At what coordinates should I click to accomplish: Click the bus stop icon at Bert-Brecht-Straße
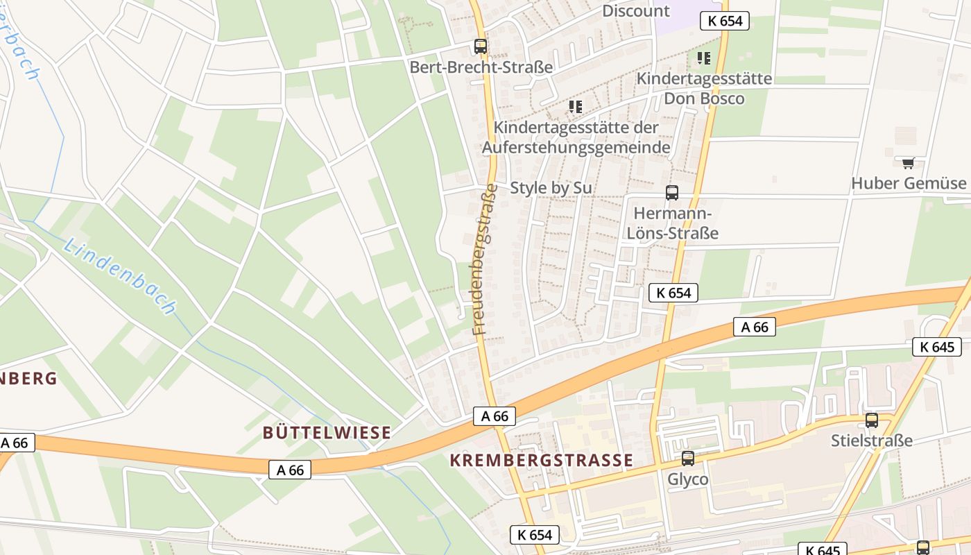tap(480, 46)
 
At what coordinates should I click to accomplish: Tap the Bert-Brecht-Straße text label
tap(481, 67)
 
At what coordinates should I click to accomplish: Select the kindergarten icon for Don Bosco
tap(704, 58)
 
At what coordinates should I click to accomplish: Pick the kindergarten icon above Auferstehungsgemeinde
tap(575, 107)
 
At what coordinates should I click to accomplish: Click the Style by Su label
tap(551, 188)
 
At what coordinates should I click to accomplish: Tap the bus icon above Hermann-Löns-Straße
tap(671, 193)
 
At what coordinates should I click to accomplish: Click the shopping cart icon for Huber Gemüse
tap(908, 163)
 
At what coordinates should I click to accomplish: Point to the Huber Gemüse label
tap(908, 183)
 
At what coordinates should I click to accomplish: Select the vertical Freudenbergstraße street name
tap(485, 259)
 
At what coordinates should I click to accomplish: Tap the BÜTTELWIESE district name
tap(327, 433)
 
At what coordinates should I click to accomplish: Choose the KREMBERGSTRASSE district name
tap(541, 461)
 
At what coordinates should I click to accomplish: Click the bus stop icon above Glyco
tap(687, 459)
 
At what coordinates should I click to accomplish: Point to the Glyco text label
tap(687, 479)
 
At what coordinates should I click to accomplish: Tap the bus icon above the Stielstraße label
tap(871, 420)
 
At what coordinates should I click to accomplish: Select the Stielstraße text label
tap(871, 441)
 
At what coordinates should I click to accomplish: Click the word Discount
tap(635, 11)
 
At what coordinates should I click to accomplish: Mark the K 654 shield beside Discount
tap(725, 21)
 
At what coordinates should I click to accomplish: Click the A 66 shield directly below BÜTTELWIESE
tap(290, 470)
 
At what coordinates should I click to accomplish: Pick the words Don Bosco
tap(704, 99)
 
